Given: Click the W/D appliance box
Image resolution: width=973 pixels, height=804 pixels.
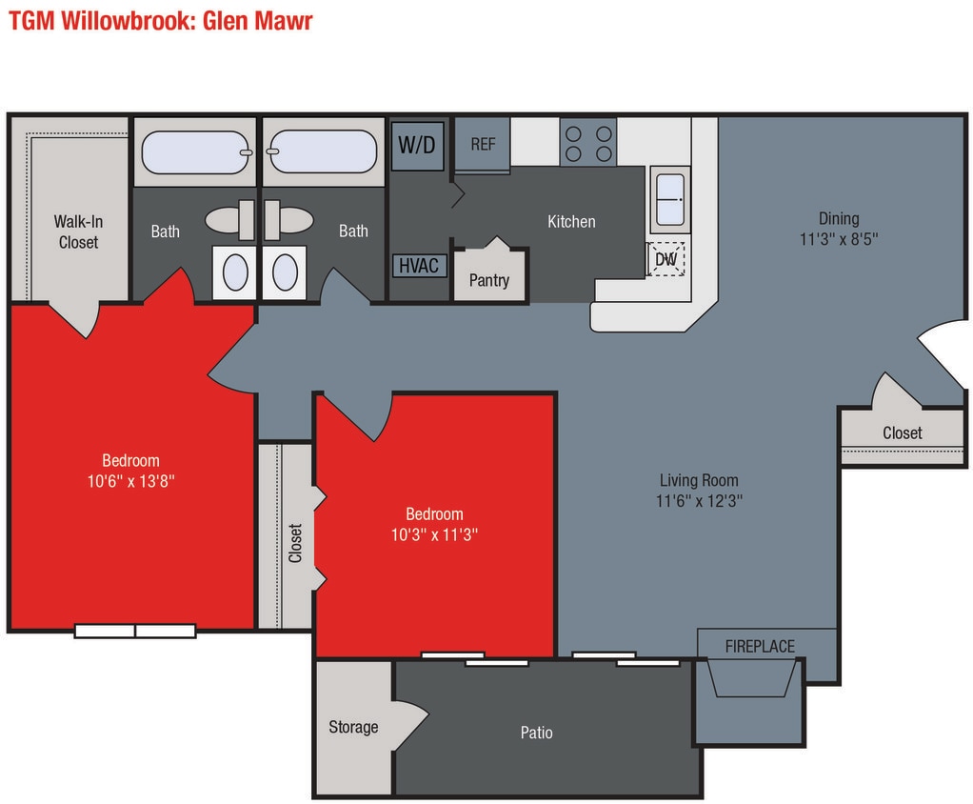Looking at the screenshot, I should coord(416,145).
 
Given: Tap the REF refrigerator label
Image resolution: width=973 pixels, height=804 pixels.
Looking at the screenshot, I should coord(483,144).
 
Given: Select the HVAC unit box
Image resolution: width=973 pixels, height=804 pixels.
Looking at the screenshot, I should coord(418,265).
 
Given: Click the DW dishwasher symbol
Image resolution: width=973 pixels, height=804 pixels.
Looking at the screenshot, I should coord(665,258).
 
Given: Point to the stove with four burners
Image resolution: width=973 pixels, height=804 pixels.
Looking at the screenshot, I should coord(587,142).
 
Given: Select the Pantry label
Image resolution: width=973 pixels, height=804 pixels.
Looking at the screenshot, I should coord(489,280).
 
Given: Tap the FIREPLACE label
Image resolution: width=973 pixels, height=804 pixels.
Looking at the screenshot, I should coord(760,646).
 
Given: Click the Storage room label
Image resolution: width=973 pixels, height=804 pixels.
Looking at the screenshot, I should coord(353,727).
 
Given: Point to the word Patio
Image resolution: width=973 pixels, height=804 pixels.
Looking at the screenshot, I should coord(536,733).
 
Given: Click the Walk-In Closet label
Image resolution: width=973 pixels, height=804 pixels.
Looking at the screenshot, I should coord(78,232).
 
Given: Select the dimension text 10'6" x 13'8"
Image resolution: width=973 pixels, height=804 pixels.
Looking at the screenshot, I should coord(131,481).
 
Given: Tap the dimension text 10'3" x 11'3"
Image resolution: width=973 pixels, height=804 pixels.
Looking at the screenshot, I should coord(434,534).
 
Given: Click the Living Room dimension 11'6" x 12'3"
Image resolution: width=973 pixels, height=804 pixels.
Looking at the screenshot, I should coord(699,500).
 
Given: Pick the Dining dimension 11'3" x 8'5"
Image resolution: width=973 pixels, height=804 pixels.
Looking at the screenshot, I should coord(838,239).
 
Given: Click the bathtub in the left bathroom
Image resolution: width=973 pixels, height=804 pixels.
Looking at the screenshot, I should coord(195,152).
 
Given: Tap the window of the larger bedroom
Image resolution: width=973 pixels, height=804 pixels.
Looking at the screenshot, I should coord(135,630).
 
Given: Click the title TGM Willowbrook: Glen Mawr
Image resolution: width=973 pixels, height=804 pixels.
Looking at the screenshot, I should coord(161,20).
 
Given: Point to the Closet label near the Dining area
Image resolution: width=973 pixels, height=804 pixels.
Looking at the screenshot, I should coord(902,432).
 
